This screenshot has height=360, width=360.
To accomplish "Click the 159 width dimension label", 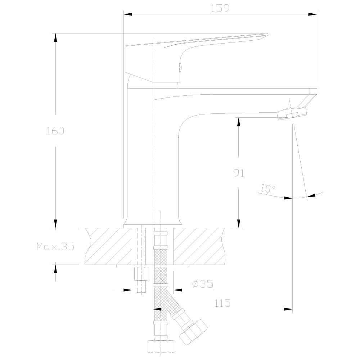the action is [220, 9].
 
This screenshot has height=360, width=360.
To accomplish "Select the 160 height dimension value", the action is [55, 131].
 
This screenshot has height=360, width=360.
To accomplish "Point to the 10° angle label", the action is [268, 188].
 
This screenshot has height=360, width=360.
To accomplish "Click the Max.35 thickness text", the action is [55, 247].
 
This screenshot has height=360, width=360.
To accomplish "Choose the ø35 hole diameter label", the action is [203, 284].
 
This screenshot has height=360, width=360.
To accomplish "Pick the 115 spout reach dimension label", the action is [222, 303].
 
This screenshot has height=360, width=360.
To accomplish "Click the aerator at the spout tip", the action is [292, 114].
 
